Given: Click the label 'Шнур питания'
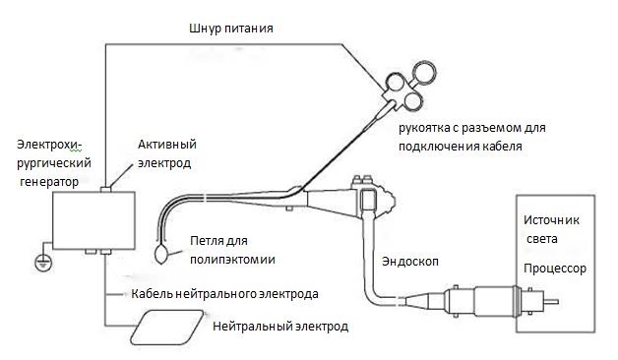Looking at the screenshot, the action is tap(231, 29).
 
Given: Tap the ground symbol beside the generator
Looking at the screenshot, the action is tap(43, 263).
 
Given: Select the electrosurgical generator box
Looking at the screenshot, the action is tap(93, 220).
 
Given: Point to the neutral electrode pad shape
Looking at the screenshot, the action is tap(167, 328).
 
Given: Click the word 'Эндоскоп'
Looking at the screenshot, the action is tap(410, 261).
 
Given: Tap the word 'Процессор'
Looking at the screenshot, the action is tap(555, 269).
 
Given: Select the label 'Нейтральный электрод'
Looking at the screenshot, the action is tap(280, 327).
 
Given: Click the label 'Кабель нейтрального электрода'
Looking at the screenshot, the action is tap(224, 294).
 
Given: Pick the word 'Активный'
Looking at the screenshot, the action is tap(167, 145).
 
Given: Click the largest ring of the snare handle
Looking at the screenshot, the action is tap(424, 73).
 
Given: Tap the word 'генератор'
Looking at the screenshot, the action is tap(49, 182).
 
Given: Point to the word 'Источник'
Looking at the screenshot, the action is tap(551, 219).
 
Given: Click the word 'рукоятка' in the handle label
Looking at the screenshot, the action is tap(425, 129).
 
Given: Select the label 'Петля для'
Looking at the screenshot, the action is tap(218, 241).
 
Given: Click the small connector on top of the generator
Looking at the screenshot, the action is tap(105, 190).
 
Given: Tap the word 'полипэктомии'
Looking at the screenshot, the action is tap(232, 260).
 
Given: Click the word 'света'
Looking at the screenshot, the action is tap(542, 239).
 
